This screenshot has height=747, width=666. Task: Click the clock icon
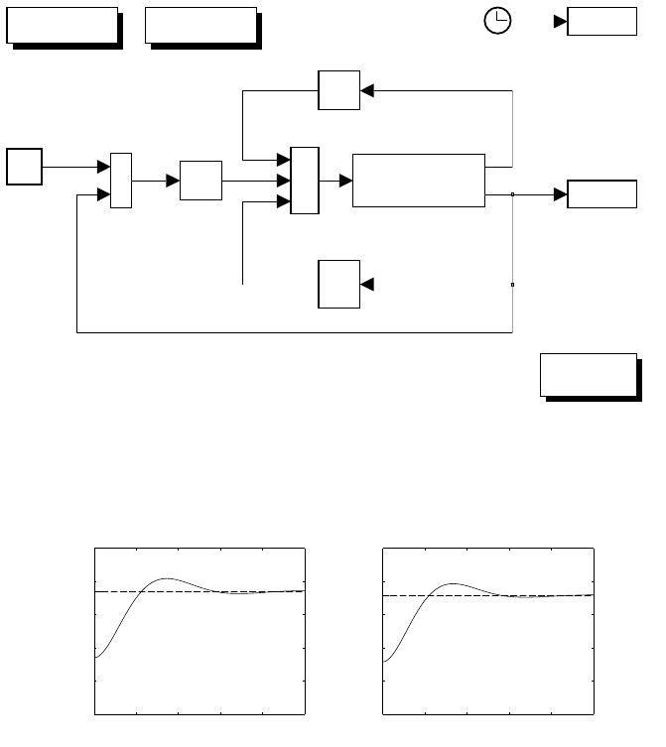point(497,22)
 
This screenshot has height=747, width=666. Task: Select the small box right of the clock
point(601,22)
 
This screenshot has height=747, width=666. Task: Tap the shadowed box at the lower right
point(587,374)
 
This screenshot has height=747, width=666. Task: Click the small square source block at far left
point(24,167)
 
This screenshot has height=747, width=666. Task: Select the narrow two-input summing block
point(120,181)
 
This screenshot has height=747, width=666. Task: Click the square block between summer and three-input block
point(200,181)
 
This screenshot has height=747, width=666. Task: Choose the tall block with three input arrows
point(304,181)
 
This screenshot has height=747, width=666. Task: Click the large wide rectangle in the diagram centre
point(418,181)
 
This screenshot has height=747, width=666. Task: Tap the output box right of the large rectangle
point(601,194)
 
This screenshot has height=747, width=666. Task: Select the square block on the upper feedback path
point(337,90)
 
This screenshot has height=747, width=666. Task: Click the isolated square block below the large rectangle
point(337,285)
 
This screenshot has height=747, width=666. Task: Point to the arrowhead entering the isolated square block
point(366,285)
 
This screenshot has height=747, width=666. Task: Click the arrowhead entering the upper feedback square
point(366,90)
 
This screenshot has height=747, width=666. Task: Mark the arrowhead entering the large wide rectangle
point(346,181)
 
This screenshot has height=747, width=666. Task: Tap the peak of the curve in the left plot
point(167,578)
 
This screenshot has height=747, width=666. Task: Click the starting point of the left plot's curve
point(95,657)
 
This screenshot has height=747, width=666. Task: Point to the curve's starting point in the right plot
point(383,660)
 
